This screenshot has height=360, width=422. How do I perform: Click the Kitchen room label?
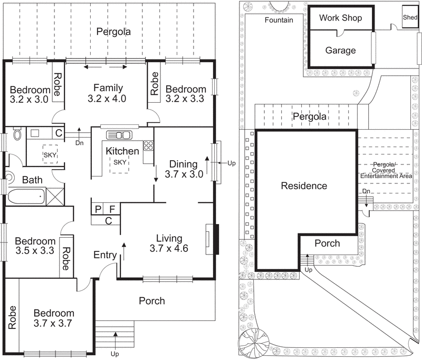(122, 151)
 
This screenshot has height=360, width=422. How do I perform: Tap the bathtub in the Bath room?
(27, 197)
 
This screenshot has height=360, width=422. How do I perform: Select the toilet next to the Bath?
(17, 135)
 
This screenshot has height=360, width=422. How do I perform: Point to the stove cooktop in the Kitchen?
(149, 144)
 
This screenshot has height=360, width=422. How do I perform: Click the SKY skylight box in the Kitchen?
(120, 163)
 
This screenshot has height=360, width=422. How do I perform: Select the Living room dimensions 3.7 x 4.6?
(169, 248)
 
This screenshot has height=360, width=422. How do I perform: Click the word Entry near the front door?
(105, 255)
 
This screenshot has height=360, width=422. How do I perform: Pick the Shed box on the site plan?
(409, 17)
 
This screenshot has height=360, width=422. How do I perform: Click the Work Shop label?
(341, 18)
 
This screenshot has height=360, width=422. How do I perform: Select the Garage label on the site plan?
(340, 51)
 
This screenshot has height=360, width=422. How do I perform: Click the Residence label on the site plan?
(304, 186)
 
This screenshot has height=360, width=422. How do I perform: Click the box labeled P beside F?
(98, 208)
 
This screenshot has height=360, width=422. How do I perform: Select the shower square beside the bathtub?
(54, 197)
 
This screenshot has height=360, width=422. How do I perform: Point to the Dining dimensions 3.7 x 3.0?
(184, 174)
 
